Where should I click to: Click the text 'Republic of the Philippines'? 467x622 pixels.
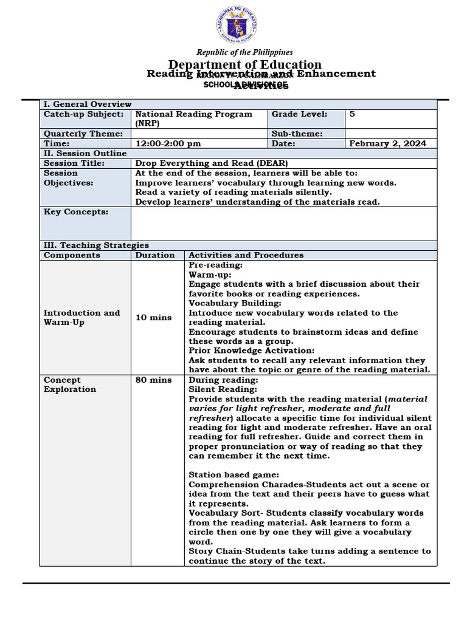click(x=244, y=52)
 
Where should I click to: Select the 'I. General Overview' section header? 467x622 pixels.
click(x=88, y=104)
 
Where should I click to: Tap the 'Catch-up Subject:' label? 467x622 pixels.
click(x=83, y=114)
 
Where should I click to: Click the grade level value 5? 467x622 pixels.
click(x=352, y=114)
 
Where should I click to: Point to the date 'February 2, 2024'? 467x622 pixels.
click(x=387, y=143)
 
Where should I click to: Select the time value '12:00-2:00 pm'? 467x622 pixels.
click(x=168, y=143)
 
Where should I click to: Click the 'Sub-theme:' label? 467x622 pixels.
click(x=297, y=134)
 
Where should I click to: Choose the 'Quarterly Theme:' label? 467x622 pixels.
click(x=83, y=134)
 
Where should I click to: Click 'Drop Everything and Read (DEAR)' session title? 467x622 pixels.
click(x=211, y=163)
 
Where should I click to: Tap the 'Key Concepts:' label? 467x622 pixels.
click(x=76, y=212)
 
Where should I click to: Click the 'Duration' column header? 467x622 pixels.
click(x=155, y=255)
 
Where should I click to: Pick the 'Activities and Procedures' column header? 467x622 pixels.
click(x=246, y=255)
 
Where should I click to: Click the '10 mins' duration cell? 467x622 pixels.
click(x=153, y=318)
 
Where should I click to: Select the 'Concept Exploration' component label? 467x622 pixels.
click(x=70, y=384)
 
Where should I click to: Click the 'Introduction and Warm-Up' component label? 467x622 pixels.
click(x=81, y=318)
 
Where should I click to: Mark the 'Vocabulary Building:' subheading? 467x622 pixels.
click(x=235, y=303)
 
